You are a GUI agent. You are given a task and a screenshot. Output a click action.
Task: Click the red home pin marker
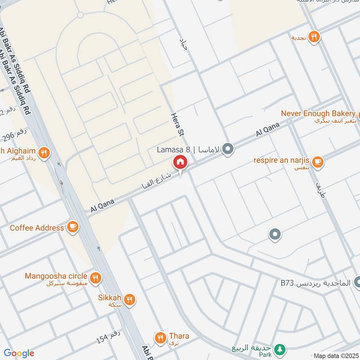pyautogui.click(x=180, y=162)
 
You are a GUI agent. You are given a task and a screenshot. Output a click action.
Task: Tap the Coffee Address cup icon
pyautogui.click(x=72, y=227)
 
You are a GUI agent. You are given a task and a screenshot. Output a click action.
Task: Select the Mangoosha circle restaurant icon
pyautogui.click(x=94, y=278)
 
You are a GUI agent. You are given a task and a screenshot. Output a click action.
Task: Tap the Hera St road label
pyautogui.click(x=176, y=126)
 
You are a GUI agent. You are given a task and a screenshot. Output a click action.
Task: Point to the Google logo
pyautogui.click(x=19, y=353)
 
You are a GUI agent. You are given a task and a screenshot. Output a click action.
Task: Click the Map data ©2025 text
pyautogui.click(x=335, y=355)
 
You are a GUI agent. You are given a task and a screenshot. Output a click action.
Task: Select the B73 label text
pyautogui.click(x=287, y=283)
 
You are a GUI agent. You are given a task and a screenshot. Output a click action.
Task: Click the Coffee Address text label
pyautogui.click(x=37, y=228)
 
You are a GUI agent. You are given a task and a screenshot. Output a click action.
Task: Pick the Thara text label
pyautogui.click(x=179, y=336)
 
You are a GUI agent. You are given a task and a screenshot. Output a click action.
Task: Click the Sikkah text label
pyautogui.click(x=108, y=297)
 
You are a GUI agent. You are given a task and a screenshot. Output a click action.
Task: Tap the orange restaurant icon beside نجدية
pyautogui.click(x=315, y=37)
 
